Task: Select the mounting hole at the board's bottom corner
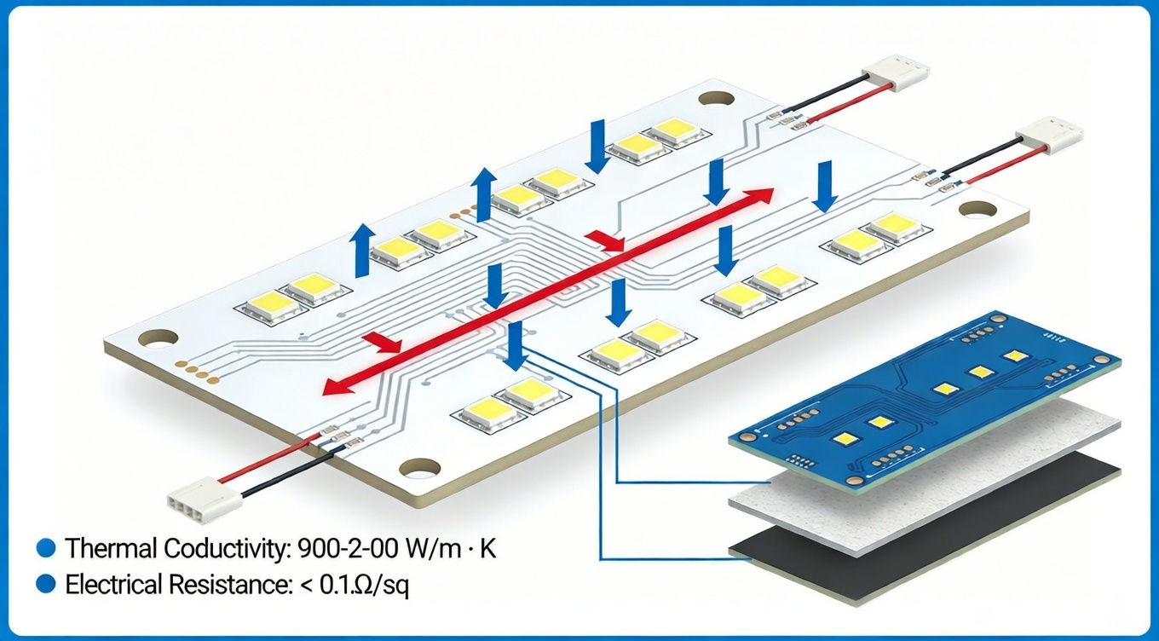coord(419,467)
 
